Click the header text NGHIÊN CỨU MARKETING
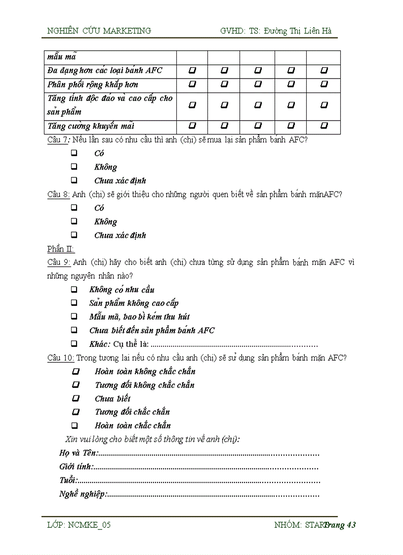point(99,31)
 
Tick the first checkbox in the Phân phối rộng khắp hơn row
point(192,85)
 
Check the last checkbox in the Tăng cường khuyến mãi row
point(324,126)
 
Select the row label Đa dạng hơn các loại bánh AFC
point(105,71)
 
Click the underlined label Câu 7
point(57,140)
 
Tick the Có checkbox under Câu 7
point(74,153)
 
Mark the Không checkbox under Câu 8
point(74,221)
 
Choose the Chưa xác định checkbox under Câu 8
point(74,235)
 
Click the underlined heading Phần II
point(60,249)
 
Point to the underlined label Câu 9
point(59,262)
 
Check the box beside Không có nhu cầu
point(74,289)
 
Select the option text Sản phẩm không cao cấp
point(134,303)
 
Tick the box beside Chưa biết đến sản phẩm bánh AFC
point(74,330)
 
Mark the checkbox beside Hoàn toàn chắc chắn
point(75,425)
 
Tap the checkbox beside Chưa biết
point(76,398)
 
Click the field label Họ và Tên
point(79,453)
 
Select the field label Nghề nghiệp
point(82,494)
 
